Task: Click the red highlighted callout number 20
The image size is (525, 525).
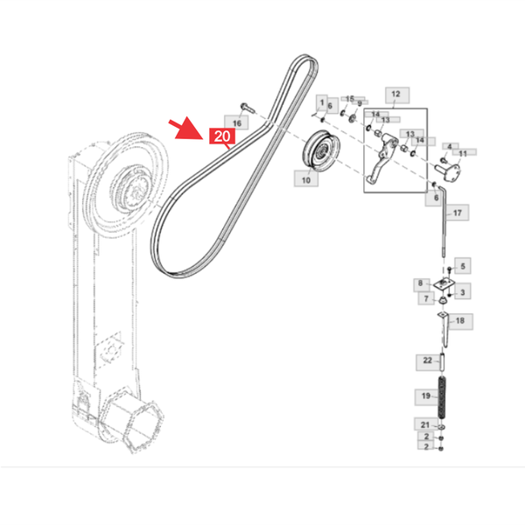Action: pos(222,136)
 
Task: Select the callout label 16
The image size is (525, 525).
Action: pos(236,122)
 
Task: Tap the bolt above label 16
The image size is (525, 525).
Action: pos(247,108)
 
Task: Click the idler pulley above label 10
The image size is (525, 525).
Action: pos(321,150)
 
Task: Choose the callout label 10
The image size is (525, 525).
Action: pos(306,178)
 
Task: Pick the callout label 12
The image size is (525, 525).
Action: pos(397,95)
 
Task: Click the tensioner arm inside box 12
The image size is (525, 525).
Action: pos(382,157)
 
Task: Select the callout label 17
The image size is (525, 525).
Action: pos(457,213)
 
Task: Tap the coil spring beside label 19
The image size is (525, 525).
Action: pos(442,397)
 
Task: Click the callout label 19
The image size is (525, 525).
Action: pos(426,397)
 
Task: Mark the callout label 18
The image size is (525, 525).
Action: pos(460,321)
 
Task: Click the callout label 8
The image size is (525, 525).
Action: pos(421,284)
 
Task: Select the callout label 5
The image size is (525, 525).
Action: pos(463,266)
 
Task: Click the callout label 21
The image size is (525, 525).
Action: pos(425,424)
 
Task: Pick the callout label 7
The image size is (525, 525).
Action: pos(426,298)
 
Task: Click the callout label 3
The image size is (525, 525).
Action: pos(463,291)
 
